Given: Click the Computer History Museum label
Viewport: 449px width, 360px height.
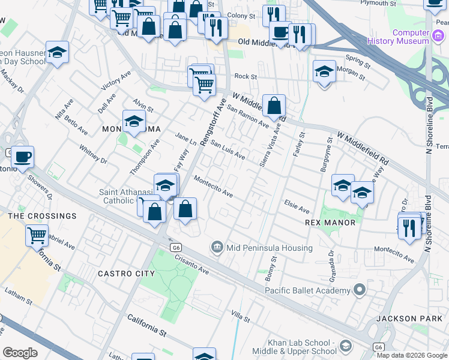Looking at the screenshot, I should (x=411, y=37).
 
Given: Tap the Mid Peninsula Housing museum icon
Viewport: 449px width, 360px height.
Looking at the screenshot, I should (x=216, y=247).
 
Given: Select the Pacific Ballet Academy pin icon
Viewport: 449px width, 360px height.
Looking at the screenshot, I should (x=360, y=290).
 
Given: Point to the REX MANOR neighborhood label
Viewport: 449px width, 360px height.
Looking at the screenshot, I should (x=331, y=223).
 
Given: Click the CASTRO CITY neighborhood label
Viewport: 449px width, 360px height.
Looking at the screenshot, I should (x=126, y=274).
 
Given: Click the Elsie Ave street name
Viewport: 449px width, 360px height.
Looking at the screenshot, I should (x=297, y=207).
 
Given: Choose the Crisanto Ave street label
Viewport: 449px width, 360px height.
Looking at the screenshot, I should (x=192, y=262).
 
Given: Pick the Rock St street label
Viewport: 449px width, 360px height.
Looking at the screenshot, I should (x=245, y=76).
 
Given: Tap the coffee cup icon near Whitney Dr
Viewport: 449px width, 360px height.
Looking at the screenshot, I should (x=23, y=158).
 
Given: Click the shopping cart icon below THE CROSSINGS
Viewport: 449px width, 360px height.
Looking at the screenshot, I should (x=37, y=236).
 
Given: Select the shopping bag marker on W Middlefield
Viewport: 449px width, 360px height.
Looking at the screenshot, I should (x=274, y=106).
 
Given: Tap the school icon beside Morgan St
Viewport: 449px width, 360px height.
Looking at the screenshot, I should (x=324, y=73).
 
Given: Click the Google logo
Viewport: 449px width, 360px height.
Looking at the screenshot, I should (x=20, y=353).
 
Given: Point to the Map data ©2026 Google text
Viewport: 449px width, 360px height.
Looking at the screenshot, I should (x=412, y=355).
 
